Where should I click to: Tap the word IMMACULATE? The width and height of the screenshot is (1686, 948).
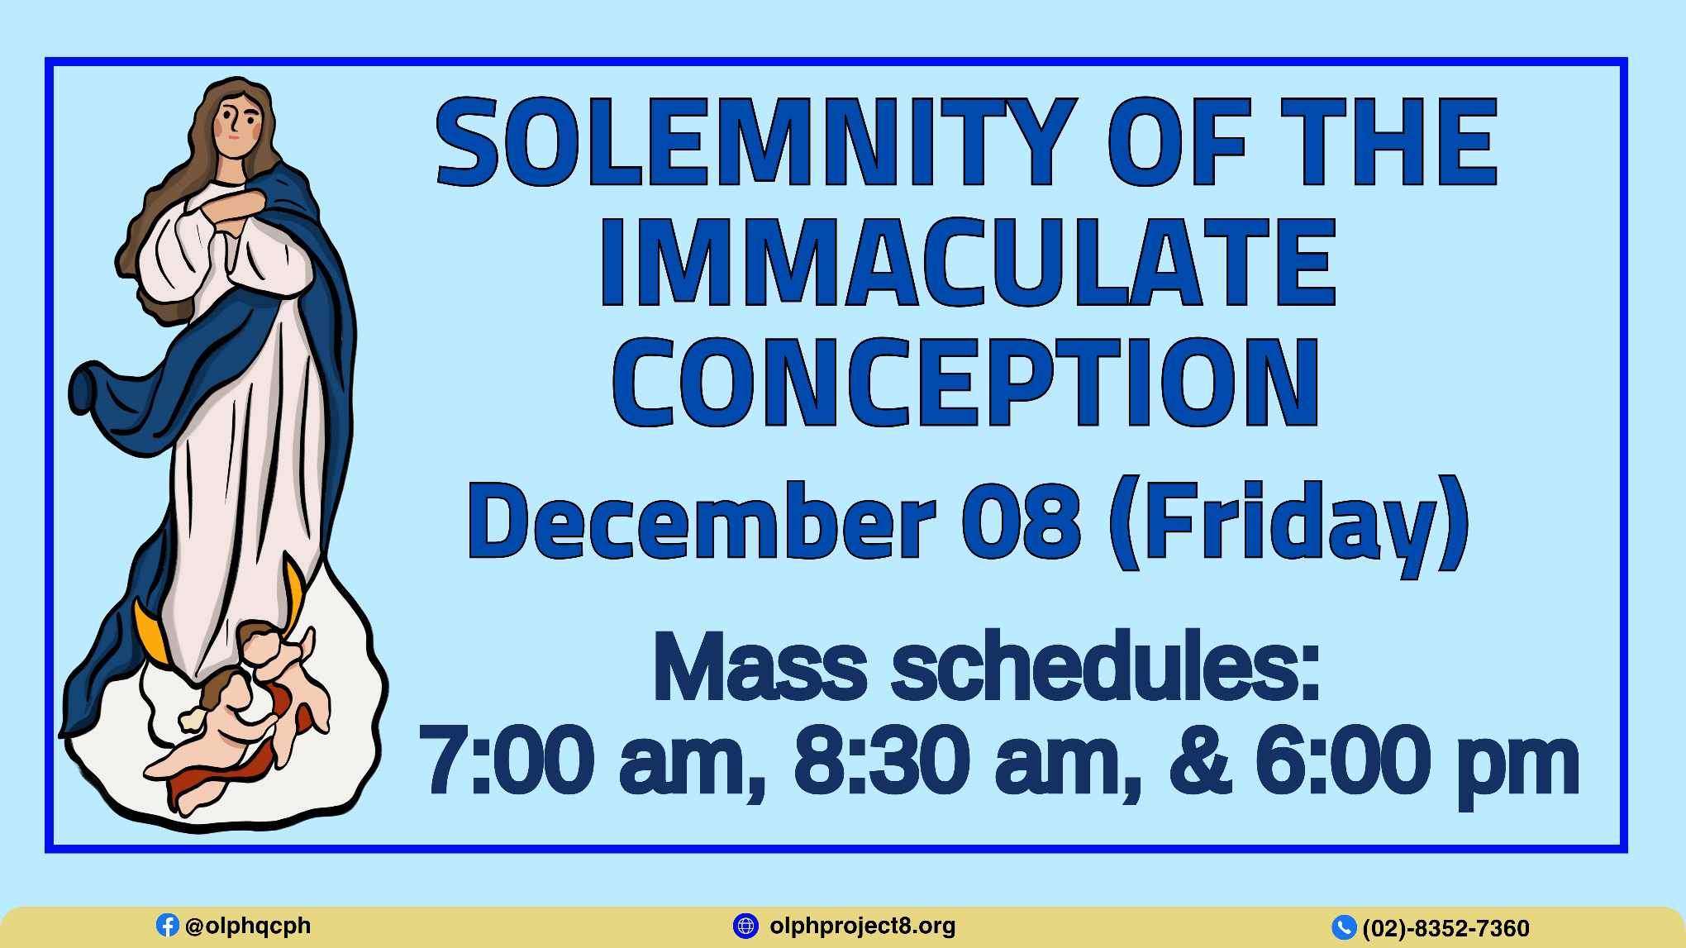(x=967, y=262)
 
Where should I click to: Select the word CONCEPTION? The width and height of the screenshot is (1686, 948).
(x=965, y=382)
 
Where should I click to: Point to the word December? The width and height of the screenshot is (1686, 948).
(x=702, y=522)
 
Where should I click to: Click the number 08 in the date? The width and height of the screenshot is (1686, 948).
(x=1022, y=522)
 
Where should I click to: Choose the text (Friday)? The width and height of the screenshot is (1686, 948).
(x=1289, y=526)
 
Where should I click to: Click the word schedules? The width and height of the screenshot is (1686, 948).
(x=1106, y=665)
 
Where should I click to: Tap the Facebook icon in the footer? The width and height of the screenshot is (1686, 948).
(x=168, y=925)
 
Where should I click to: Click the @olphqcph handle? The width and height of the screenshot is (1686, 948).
(x=248, y=926)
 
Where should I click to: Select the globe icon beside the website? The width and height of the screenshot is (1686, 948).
(x=745, y=926)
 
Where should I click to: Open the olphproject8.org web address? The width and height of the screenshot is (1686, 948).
(x=863, y=927)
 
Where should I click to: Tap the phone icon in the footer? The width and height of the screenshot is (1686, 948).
(x=1344, y=927)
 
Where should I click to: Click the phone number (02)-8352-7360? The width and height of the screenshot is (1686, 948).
(x=1446, y=928)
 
